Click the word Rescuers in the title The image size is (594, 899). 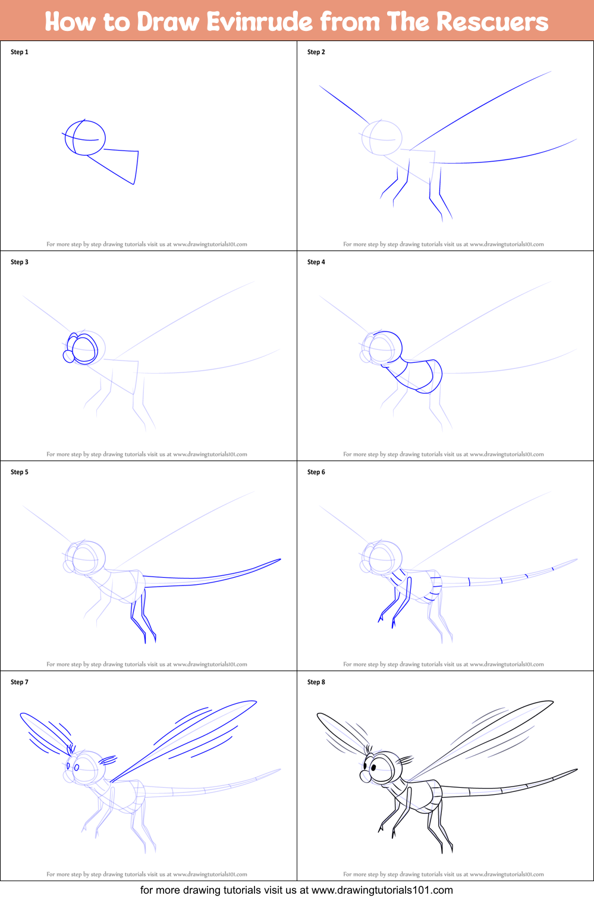(492, 22)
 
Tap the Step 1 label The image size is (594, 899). (20, 52)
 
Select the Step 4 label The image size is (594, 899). (316, 262)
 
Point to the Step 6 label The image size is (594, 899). (316, 472)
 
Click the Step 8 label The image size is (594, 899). (316, 682)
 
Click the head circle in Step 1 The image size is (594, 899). (84, 137)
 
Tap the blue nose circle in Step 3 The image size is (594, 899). (68, 356)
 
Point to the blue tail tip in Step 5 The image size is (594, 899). (278, 560)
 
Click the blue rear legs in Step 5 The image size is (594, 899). (143, 622)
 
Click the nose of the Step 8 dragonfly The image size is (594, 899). (366, 776)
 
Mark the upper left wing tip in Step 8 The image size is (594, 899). (319, 715)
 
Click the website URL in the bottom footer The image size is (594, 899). (382, 890)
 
